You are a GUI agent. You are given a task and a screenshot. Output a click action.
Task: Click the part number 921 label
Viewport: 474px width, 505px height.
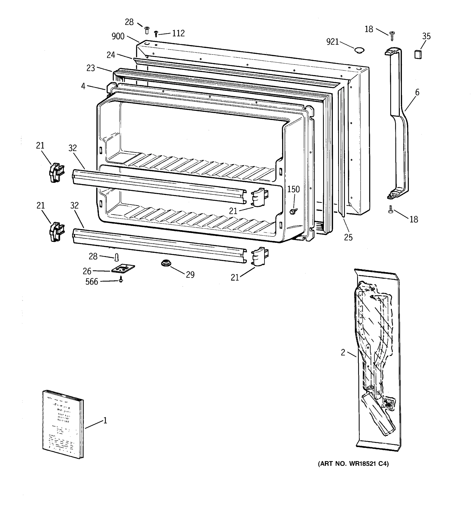tap(332, 42)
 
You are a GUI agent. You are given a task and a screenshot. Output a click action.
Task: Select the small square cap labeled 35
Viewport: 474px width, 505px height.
tap(418, 54)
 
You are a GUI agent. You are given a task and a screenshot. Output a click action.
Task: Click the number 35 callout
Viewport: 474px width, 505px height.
tap(426, 36)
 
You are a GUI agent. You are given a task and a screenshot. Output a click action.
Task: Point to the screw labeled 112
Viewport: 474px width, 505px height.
tap(156, 34)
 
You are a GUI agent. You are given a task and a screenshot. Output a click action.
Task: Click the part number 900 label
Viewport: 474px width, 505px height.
tap(118, 36)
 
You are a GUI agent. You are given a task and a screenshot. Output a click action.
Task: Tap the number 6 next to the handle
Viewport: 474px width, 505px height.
tap(417, 92)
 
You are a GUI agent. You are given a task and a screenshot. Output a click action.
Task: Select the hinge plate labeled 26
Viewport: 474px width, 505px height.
tap(123, 268)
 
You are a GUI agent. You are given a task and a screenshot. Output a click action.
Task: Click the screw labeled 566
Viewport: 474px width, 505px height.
tap(121, 280)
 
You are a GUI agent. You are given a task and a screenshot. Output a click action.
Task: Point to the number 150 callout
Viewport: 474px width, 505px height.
tap(293, 189)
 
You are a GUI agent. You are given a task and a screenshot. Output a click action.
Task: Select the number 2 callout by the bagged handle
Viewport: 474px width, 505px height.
tap(343, 353)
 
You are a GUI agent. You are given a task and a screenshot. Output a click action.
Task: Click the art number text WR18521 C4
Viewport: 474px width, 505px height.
tap(353, 464)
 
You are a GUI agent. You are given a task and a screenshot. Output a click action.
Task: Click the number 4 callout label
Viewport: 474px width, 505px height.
tap(83, 86)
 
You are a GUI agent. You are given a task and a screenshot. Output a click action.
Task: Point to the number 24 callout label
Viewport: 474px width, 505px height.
tap(111, 55)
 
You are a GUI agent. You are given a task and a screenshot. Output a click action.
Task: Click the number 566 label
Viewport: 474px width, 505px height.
tap(92, 282)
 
